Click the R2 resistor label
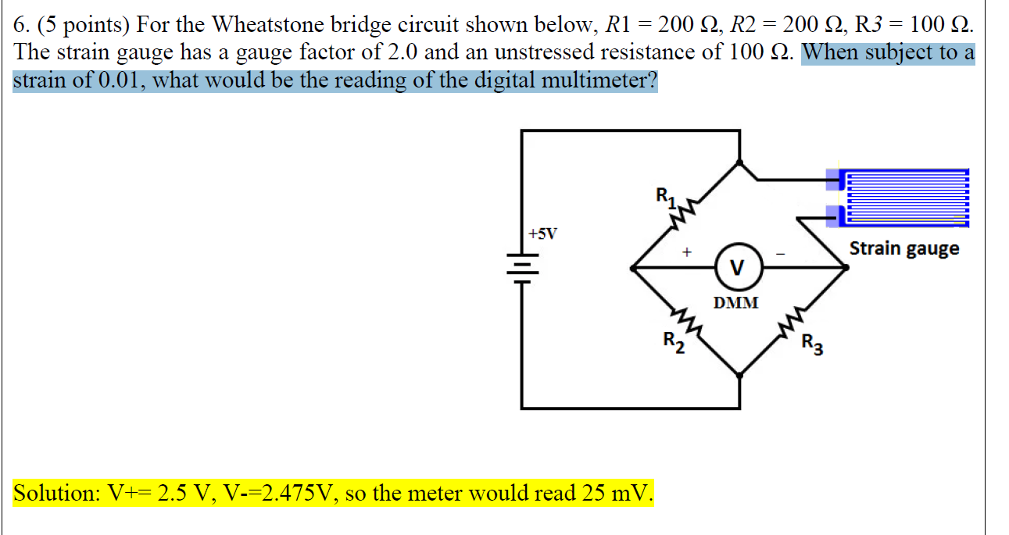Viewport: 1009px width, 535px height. click(673, 341)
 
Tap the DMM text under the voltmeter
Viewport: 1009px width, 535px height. click(736, 302)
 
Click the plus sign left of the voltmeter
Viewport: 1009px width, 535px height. click(686, 252)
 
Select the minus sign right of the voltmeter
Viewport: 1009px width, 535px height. click(779, 253)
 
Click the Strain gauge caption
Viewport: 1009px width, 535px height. click(904, 248)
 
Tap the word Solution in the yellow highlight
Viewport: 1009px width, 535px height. click(54, 494)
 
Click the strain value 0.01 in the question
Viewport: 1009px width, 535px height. click(120, 80)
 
